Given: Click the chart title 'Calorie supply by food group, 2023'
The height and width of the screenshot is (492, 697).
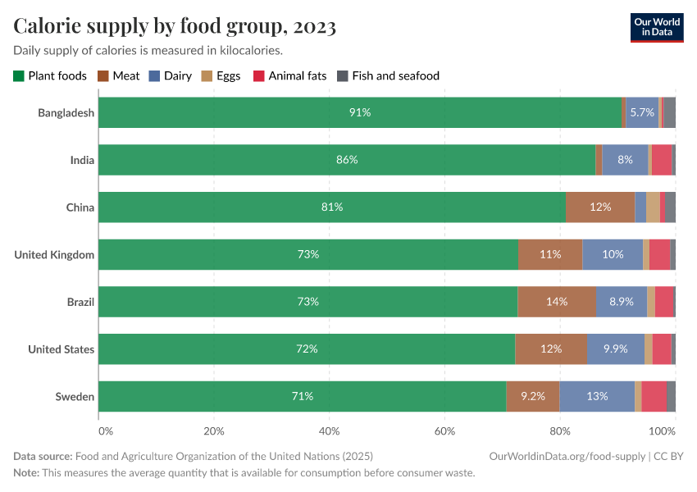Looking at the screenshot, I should point(175,26).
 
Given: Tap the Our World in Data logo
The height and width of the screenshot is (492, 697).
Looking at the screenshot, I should point(657,26).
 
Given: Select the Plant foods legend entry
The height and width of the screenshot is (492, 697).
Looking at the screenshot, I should point(50,75).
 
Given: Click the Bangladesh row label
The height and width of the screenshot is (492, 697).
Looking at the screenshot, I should point(66,112).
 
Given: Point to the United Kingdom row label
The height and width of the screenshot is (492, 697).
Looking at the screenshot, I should point(54,255).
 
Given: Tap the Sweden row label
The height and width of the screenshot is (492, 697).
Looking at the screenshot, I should point(75,397).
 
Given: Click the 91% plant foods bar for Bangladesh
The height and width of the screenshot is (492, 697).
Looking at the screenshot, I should point(360,112).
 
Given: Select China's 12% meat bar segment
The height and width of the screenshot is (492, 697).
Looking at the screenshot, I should point(600,207).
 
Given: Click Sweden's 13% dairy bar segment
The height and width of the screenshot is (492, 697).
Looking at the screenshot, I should point(597,397).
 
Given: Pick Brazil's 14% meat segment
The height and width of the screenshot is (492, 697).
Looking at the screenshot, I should point(557,302).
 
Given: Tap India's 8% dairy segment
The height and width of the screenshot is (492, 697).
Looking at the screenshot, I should point(626,160).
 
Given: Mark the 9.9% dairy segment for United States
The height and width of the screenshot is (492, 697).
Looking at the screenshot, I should point(616,349).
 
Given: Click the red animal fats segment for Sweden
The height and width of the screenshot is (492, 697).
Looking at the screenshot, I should point(654,397).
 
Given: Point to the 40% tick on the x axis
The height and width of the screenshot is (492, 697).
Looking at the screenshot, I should point(329,430).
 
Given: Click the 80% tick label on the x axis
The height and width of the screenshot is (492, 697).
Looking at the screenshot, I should point(560,430).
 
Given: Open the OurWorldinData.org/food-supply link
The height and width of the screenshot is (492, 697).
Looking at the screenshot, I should point(567,456).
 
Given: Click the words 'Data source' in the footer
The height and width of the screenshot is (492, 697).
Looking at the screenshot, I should point(43,456).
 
